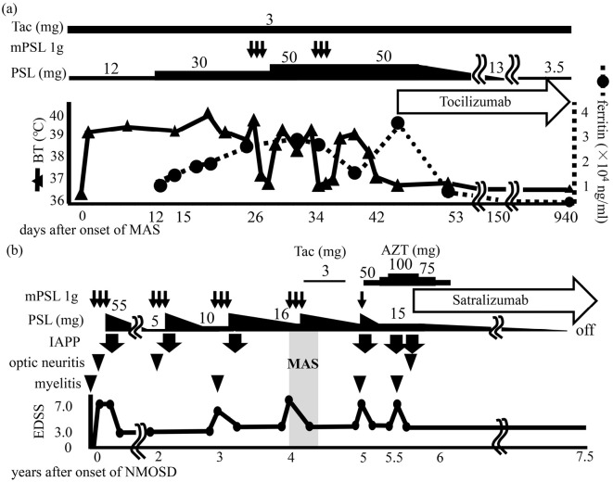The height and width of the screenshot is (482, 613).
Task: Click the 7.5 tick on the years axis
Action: (584, 456)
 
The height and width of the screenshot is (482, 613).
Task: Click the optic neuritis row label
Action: (41, 362)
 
